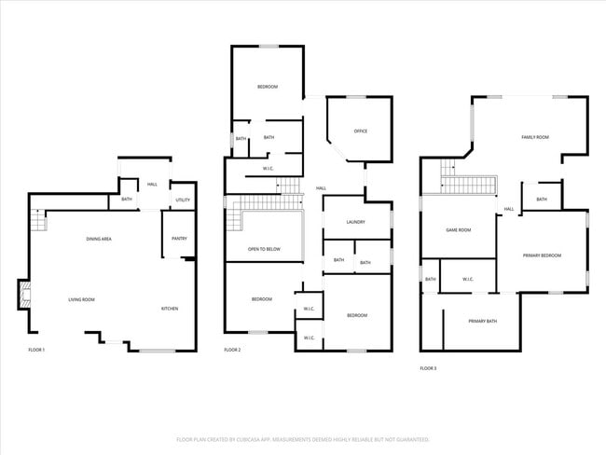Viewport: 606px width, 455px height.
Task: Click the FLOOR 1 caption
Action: point(36,349)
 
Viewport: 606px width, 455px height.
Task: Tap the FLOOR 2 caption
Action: point(232,349)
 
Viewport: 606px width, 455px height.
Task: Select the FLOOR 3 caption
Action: point(428,368)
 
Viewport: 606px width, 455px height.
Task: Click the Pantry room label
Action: point(179,239)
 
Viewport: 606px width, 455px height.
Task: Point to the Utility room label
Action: point(183,200)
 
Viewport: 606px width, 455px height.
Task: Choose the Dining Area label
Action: point(99,240)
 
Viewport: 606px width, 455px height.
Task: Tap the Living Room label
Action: point(81,299)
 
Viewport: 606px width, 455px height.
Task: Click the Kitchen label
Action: point(170,309)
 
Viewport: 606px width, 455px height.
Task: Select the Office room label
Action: point(360,131)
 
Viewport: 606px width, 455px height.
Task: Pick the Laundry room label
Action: point(355,222)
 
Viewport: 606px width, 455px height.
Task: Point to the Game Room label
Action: point(459,230)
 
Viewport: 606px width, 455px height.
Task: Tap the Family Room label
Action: point(534,137)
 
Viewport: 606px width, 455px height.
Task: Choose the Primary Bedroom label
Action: point(542,255)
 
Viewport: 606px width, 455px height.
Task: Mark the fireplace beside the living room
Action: point(22,295)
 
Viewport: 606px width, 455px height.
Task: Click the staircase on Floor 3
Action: point(464,182)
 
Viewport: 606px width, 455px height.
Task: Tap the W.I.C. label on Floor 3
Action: point(467,279)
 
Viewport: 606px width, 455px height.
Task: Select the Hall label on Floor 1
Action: point(151,185)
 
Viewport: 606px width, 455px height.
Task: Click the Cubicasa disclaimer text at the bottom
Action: point(303,438)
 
